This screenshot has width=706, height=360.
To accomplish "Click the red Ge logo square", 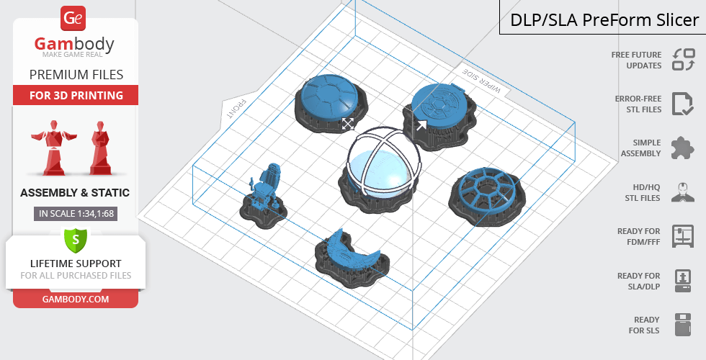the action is pos(73,18).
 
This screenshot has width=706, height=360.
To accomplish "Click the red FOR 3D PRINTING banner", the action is pos(76,95).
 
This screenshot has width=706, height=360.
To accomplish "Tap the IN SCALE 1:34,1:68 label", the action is pos(76,214).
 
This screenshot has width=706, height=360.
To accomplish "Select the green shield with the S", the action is pos(76,240).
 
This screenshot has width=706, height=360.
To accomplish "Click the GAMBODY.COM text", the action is pos(76,300).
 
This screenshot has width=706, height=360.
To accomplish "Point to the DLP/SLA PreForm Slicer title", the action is pos(604,20).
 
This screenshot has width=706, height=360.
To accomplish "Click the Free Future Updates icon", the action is pos(684,59).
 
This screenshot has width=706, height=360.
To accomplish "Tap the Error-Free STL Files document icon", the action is pos(683,104).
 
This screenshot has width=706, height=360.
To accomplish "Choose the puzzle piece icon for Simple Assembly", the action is pos(683,148).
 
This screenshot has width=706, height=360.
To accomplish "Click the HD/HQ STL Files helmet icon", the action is pos(683,192).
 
